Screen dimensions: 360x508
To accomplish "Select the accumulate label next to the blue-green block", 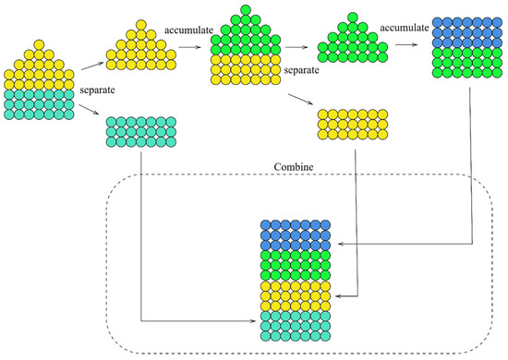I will pos(405,29).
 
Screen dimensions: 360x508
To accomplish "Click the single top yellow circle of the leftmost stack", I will pos(37,43).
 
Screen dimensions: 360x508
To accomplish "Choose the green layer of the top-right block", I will pos(466,66).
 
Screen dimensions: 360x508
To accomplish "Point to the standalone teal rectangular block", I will pos(141,132).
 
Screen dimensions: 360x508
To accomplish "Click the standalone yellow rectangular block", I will pos(349,124).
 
